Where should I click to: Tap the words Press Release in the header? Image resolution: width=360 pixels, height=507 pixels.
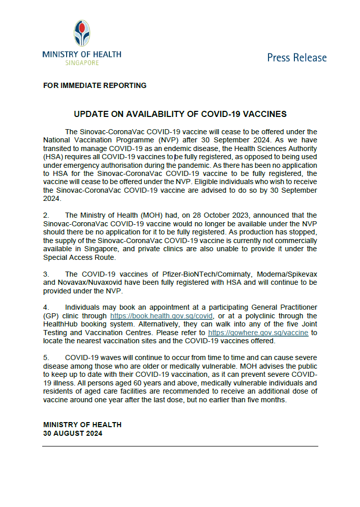point(297,57)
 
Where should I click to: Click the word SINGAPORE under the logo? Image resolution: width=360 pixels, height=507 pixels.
point(82,63)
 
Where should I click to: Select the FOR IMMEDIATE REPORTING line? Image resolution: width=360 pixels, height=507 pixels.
point(95,85)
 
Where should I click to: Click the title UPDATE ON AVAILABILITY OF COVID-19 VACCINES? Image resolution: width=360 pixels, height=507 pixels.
point(181,114)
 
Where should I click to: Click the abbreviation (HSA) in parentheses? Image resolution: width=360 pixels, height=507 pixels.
point(54,157)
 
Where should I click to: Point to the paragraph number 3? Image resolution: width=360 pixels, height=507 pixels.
point(46,274)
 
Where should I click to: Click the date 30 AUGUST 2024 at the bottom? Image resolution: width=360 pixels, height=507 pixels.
point(73,433)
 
